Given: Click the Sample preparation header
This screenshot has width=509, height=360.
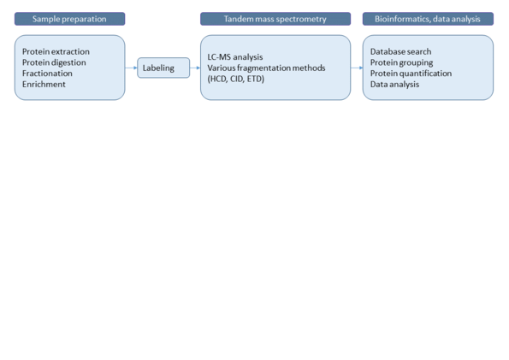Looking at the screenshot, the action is click(69, 19).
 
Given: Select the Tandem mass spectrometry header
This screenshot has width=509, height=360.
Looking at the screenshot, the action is click(275, 19).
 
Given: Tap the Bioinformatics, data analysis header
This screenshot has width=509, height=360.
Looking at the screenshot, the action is click(428, 19).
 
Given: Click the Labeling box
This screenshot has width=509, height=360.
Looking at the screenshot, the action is click(163, 68).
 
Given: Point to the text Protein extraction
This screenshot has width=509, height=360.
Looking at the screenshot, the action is click(56, 51).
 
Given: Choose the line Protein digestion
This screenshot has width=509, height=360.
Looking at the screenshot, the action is click(54, 62).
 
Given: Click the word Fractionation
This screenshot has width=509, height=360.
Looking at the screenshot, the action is click(47, 74).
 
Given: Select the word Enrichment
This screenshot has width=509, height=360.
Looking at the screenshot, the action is click(44, 85).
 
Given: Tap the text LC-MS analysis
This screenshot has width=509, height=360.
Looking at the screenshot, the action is click(235, 57).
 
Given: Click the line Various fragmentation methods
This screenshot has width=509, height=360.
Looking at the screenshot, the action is click(266, 68).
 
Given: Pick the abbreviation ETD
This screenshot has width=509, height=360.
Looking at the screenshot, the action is click(254, 79).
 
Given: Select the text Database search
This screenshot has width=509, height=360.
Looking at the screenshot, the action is click(401, 51).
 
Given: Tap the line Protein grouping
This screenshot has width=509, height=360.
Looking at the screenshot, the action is click(401, 62).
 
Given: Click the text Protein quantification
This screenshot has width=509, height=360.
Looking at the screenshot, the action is click(411, 74).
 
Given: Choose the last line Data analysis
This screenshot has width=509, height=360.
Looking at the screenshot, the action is click(394, 85).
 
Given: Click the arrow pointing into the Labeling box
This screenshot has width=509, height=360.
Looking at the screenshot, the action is click(131, 68).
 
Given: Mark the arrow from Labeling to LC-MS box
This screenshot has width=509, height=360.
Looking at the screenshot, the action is click(195, 68).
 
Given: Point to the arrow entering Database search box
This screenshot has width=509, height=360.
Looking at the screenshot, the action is click(357, 68).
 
